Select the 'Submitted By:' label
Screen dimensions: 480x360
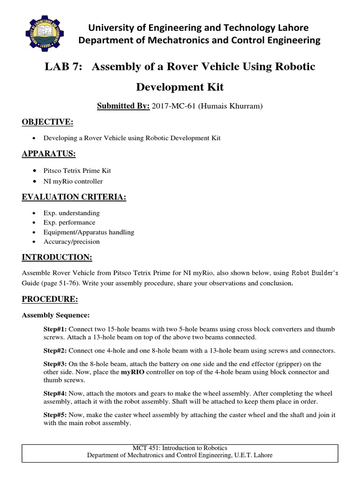(x=123, y=106)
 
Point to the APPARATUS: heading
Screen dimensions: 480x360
(x=49, y=154)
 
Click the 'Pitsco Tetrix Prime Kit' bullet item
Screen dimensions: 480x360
(x=77, y=170)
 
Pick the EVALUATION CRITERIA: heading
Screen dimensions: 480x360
(x=74, y=197)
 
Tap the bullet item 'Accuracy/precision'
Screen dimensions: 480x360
(x=71, y=242)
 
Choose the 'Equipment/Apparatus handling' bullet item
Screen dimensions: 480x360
(x=89, y=232)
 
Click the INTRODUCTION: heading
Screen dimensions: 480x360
(x=57, y=258)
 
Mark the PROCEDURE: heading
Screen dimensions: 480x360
(x=50, y=299)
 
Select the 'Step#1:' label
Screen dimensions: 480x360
(x=55, y=329)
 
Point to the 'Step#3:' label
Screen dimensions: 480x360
(x=55, y=364)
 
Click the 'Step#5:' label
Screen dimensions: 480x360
(x=55, y=415)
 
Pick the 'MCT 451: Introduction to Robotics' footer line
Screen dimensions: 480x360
(x=180, y=448)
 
